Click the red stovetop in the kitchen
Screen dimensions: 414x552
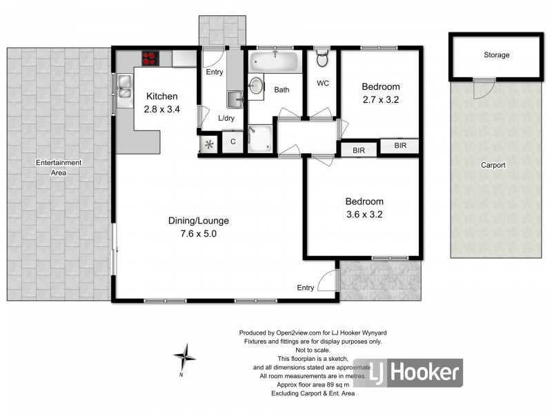pyautogui.click(x=151, y=59)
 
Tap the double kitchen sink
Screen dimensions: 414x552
pyautogui.click(x=125, y=91)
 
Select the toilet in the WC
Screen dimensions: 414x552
pyautogui.click(x=322, y=58)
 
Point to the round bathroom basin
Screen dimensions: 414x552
pyautogui.click(x=257, y=85)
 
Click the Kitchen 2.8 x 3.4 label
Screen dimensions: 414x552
pyautogui.click(x=161, y=103)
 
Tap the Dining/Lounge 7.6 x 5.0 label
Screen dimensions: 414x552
pyautogui.click(x=198, y=227)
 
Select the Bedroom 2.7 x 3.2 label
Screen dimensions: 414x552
pyautogui.click(x=381, y=93)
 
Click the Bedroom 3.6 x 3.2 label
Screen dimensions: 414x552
pyautogui.click(x=364, y=208)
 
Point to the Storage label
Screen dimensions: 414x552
pyautogui.click(x=496, y=55)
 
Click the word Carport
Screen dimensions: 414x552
pyautogui.click(x=493, y=165)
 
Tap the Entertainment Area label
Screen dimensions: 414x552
pyautogui.click(x=59, y=168)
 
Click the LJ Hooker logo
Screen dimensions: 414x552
pyautogui.click(x=408, y=373)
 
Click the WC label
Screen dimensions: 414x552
pyautogui.click(x=322, y=83)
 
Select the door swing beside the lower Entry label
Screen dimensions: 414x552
pyautogui.click(x=328, y=282)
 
